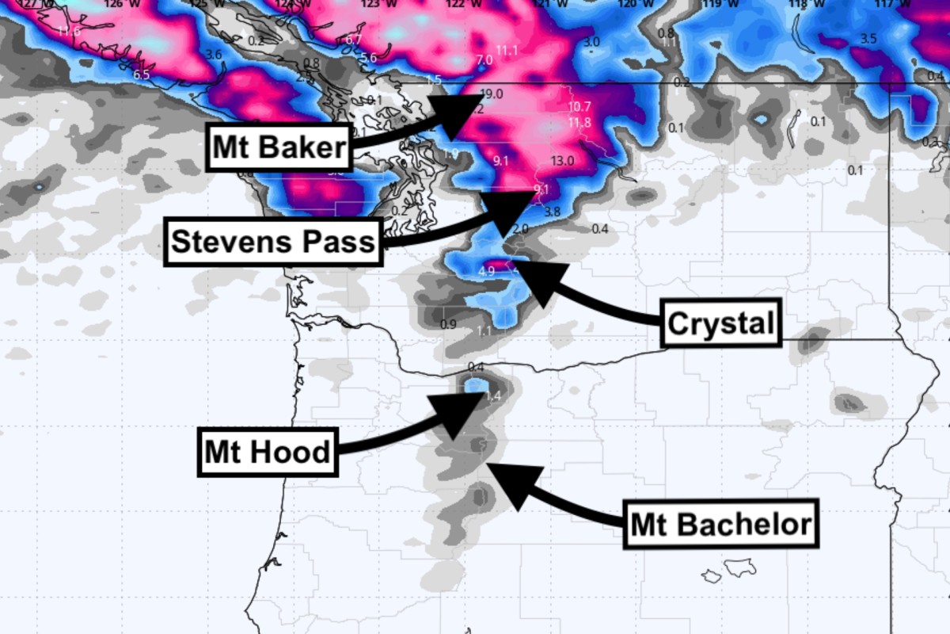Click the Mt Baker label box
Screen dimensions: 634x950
(279, 147)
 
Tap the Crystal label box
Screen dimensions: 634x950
(720, 323)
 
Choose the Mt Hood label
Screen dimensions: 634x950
(268, 453)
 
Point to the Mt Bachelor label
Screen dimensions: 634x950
(720, 524)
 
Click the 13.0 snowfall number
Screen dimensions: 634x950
(562, 161)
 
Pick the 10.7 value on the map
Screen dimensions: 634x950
(579, 107)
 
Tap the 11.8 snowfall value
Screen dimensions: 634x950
(579, 123)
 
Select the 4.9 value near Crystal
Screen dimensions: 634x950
(487, 271)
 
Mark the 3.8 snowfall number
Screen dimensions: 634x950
(553, 212)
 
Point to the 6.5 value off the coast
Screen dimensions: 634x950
(142, 74)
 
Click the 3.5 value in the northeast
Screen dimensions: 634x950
(868, 39)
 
